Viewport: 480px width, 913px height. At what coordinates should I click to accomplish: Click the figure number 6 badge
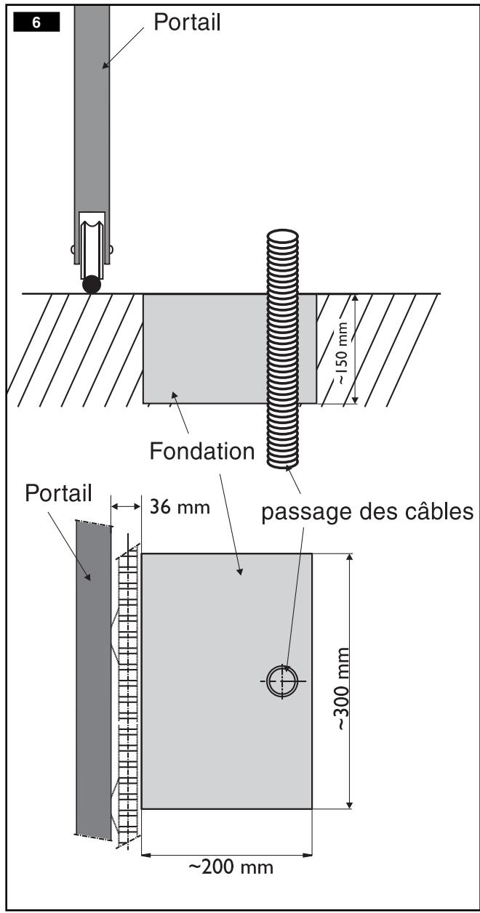pos(36,22)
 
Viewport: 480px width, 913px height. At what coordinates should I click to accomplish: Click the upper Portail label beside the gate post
pos(187,22)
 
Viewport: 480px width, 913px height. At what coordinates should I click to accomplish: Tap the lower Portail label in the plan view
pos(58,493)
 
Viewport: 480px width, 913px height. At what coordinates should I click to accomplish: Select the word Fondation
pos(202,451)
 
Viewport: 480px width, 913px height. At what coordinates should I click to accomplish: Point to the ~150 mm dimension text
pos(342,353)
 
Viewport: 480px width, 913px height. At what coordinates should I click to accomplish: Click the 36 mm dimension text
pos(180,507)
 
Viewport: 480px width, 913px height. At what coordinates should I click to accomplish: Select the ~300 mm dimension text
pos(342,689)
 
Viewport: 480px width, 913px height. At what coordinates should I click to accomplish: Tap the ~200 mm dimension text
pos(231,867)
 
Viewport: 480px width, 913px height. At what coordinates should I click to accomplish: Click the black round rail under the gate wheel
pos(92,285)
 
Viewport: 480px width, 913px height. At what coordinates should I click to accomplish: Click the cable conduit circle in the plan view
pos(282,681)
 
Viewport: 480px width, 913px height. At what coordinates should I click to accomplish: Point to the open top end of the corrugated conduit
pos(282,236)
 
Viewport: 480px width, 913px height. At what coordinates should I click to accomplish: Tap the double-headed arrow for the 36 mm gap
pos(126,506)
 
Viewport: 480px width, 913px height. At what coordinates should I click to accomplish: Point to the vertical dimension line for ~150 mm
pos(355,349)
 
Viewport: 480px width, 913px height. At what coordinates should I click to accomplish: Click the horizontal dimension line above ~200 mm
pos(226,854)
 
